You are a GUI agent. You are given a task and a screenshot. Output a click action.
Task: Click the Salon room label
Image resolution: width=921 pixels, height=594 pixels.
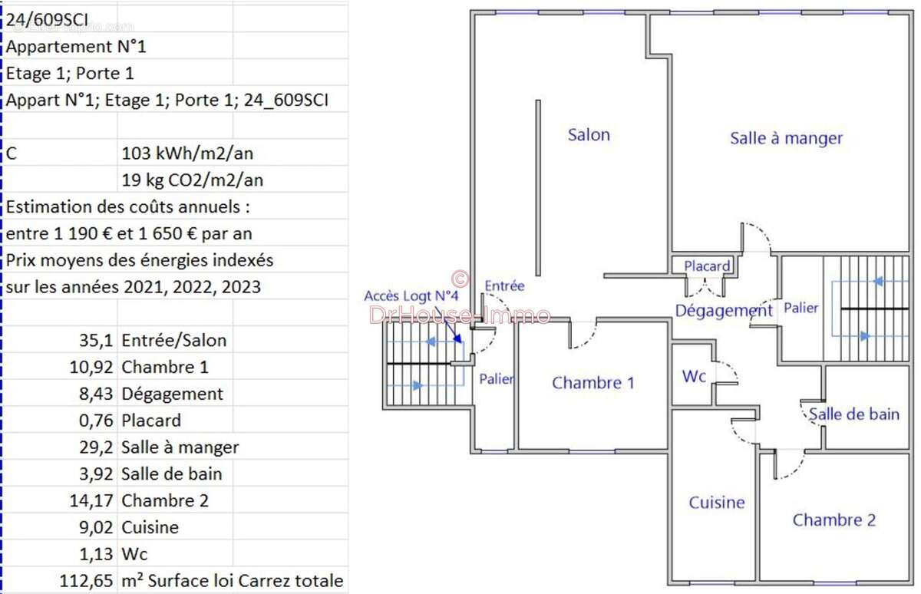tap(589, 135)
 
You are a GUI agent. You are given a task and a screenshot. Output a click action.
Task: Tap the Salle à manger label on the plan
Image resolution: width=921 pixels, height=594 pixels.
tap(786, 138)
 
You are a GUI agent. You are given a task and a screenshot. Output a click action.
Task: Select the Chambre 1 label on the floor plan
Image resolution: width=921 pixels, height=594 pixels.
tap(593, 383)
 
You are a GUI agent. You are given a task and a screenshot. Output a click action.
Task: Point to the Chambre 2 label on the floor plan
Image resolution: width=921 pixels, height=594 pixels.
tap(834, 520)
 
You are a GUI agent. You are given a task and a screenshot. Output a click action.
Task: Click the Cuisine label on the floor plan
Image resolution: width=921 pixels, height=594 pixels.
tap(717, 503)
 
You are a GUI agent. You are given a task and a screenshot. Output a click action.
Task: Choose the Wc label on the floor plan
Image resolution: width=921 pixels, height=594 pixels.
tap(694, 376)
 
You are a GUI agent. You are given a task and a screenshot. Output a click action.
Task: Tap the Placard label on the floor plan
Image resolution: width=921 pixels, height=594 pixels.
tap(707, 266)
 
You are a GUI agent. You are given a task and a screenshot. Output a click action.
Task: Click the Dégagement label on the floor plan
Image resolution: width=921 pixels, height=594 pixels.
tap(724, 311)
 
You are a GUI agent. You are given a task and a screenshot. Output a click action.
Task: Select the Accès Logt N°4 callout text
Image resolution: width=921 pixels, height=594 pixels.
tap(411, 295)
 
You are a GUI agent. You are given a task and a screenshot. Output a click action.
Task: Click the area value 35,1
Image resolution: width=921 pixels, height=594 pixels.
tap(96, 341)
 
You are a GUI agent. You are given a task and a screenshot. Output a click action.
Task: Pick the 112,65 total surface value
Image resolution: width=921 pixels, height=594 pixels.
tap(86, 581)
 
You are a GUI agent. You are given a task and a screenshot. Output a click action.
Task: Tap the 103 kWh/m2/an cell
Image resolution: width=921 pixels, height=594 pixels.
tap(187, 153)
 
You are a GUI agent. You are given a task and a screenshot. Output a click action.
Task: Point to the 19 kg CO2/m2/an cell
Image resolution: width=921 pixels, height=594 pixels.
tap(193, 180)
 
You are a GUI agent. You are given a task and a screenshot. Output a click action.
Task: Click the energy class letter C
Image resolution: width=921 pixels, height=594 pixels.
tap(11, 153)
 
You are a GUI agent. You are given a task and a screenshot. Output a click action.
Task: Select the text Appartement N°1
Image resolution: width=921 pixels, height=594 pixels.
tap(76, 47)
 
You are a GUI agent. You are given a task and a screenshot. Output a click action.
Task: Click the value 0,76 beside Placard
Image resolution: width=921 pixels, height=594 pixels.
tap(96, 421)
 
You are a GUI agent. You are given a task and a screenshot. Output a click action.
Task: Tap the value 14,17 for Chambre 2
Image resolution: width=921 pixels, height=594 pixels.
tap(91, 500)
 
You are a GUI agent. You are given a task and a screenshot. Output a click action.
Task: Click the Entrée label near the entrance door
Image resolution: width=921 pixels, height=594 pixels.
tap(504, 285)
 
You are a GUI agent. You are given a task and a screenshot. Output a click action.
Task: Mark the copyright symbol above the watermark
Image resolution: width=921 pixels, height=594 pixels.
tap(460, 279)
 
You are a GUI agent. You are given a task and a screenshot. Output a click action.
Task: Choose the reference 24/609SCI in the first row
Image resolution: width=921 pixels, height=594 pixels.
tap(47, 20)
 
